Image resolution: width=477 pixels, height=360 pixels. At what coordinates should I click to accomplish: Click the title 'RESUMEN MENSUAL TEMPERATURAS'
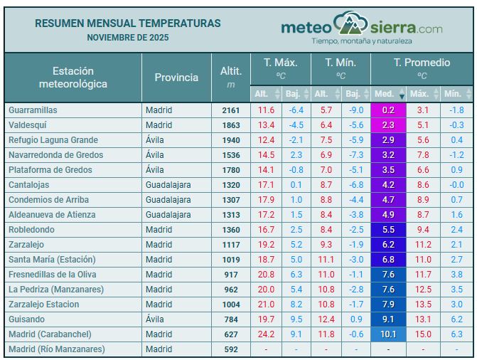point(128,23)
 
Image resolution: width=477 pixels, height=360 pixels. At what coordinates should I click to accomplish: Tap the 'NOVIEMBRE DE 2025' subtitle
point(128,37)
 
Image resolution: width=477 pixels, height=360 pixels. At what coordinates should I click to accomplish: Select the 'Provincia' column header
point(176,78)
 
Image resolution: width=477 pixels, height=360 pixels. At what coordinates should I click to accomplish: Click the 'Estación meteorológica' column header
point(73,78)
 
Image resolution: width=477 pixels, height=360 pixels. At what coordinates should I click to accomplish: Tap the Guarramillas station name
point(33,110)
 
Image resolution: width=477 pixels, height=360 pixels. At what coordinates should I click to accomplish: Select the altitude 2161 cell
point(231,110)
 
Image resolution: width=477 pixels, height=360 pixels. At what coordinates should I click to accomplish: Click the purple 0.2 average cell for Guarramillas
point(388,110)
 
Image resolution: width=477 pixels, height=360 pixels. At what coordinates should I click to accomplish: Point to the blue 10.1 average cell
point(388,334)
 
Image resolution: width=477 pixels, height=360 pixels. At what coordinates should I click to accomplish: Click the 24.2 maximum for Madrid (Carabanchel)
point(266,334)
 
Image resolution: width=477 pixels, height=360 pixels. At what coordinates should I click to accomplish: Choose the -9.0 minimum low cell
point(356,110)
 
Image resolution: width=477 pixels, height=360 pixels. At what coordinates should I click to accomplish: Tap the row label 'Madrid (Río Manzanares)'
point(56,349)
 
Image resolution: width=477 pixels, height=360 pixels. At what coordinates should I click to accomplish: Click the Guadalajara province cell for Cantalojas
point(168,185)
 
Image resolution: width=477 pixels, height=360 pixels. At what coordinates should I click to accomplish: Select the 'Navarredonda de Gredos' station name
point(55,155)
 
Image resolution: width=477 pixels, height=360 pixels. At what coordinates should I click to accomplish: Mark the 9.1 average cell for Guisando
point(388,319)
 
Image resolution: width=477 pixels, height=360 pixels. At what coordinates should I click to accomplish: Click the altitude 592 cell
point(231,349)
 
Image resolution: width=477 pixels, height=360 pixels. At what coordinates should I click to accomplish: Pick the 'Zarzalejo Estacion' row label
point(43,305)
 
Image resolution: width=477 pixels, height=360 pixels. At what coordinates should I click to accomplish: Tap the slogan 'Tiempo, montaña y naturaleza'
point(361,41)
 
